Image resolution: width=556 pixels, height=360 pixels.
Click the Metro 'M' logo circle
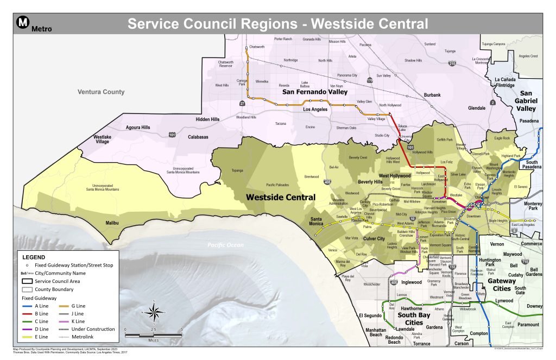(x=23, y=22)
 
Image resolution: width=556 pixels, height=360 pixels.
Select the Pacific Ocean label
(x=224, y=245)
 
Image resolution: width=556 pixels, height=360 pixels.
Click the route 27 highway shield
(x=242, y=103)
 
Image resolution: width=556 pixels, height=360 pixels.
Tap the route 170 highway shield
(x=369, y=80)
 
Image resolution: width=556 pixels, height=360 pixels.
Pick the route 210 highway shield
(x=452, y=64)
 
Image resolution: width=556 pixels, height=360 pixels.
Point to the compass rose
(x=154, y=313)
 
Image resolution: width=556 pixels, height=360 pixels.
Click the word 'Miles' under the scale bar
(x=154, y=340)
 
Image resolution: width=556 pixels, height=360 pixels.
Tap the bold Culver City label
(x=374, y=238)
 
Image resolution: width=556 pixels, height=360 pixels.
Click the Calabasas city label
(x=198, y=137)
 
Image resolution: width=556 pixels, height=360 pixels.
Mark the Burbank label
(x=432, y=95)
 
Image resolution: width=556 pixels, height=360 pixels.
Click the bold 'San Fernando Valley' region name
(x=314, y=92)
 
